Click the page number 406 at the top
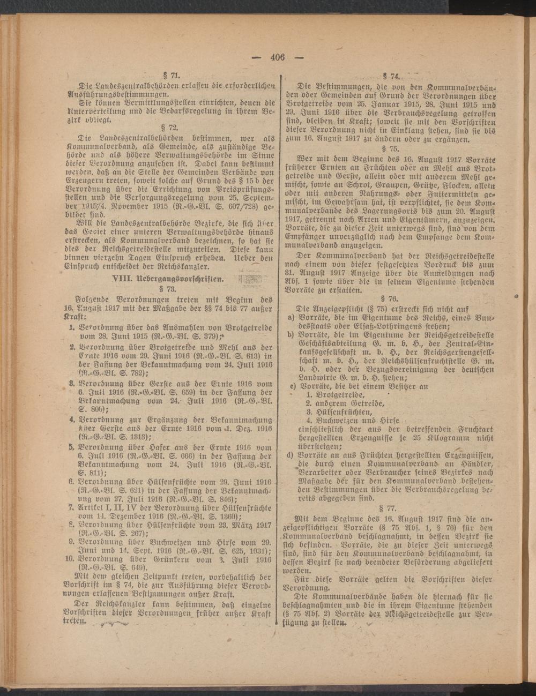pyautogui.click(x=277, y=57)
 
